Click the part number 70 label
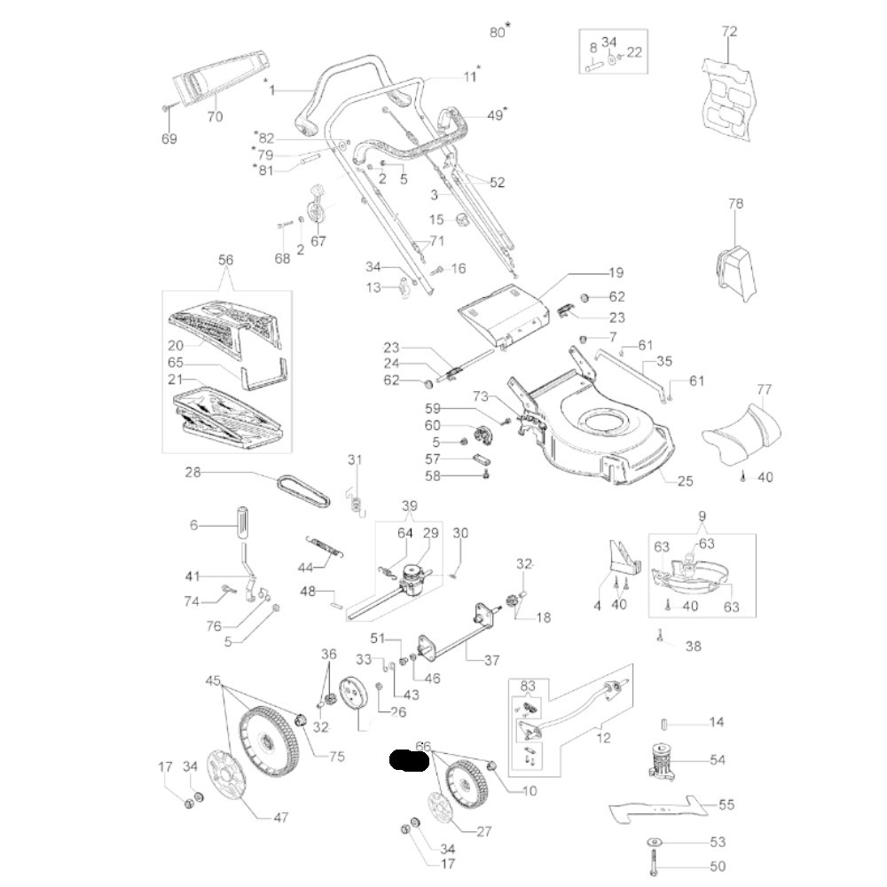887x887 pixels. [x=215, y=117]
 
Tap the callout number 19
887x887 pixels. [x=616, y=272]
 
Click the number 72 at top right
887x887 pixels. [x=729, y=32]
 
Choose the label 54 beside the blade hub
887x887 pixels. [x=718, y=760]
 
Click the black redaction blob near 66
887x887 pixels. [x=411, y=761]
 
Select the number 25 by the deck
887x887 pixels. [x=685, y=481]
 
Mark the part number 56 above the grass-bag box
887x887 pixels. [x=226, y=260]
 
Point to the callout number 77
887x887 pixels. [x=765, y=389]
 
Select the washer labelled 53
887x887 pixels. [x=655, y=841]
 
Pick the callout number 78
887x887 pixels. [x=735, y=203]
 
